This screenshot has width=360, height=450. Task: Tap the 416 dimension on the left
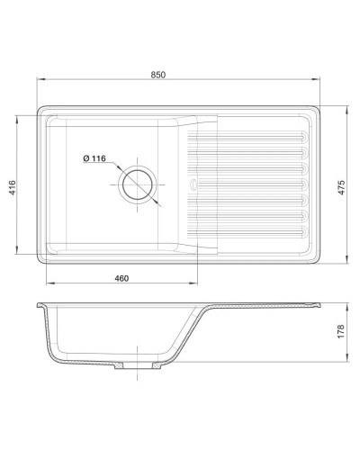(13, 187)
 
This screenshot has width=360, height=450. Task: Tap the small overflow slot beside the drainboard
(191, 186)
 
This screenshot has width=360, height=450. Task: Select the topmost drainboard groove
(252, 136)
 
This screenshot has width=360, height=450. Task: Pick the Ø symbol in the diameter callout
(85, 159)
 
